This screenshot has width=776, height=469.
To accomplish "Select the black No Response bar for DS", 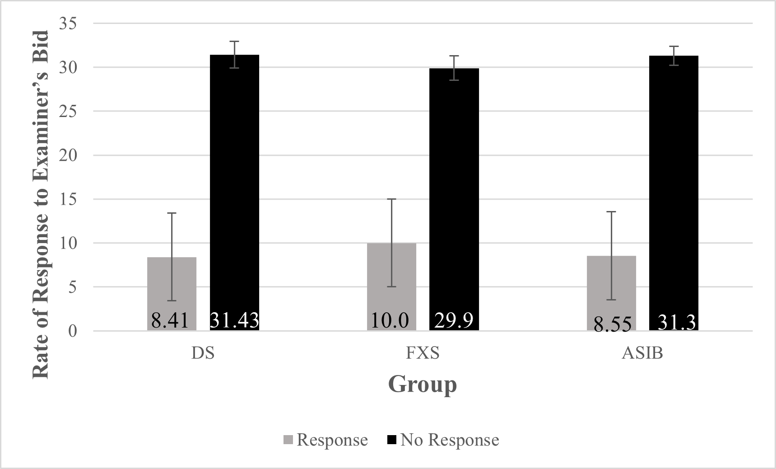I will click(x=234, y=181).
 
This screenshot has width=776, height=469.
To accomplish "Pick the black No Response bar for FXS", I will click(x=454, y=190).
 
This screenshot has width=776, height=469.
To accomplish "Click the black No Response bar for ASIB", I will click(x=674, y=181).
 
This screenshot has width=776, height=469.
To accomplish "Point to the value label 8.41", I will click(x=170, y=320).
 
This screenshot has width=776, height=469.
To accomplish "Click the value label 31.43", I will click(x=234, y=320).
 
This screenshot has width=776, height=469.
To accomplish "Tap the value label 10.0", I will click(x=390, y=320).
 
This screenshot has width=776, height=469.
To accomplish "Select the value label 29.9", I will click(x=454, y=320).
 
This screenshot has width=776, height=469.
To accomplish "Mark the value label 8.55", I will click(x=612, y=324).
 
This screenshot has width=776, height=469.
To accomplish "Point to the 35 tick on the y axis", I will click(x=68, y=24).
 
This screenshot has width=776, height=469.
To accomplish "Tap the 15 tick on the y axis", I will click(x=68, y=199).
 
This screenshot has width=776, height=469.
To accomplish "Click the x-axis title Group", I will click(x=423, y=385).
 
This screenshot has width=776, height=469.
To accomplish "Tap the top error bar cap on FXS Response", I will click(x=391, y=199).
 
